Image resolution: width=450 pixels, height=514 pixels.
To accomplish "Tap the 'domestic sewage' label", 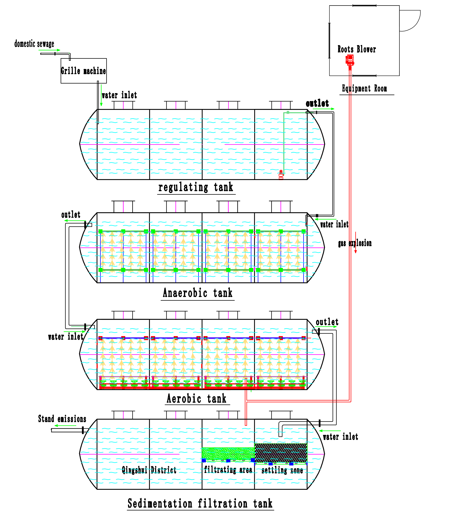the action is [x=34, y=44].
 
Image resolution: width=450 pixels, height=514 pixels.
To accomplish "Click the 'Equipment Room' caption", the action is [x=364, y=88].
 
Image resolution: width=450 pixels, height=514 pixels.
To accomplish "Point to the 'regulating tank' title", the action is [x=196, y=188].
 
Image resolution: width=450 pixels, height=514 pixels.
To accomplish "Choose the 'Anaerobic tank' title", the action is [x=198, y=293].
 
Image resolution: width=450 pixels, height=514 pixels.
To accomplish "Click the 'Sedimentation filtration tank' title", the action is [x=200, y=503].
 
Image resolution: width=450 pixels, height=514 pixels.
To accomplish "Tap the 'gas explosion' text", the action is [x=355, y=243].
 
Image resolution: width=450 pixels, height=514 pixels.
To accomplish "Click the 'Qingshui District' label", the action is [x=149, y=470].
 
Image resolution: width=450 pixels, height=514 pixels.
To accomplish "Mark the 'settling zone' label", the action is [x=282, y=470].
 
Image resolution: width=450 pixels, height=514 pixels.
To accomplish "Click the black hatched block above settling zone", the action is [x=281, y=453].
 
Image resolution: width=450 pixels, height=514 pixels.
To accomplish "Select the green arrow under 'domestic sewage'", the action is [x=49, y=50].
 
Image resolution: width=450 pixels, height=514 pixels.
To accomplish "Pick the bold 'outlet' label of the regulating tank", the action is [x=317, y=103].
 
